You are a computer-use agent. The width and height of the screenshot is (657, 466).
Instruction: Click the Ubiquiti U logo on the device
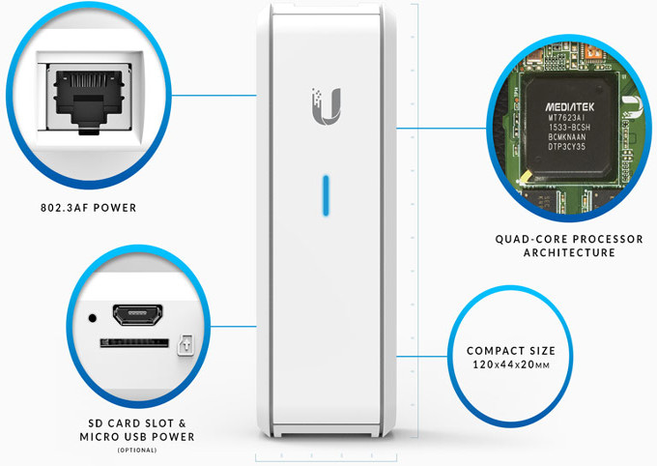pos(328,105)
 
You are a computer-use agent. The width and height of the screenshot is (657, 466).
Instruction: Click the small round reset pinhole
pos(92,316)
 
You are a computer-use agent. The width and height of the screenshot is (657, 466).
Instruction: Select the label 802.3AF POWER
pos(87,206)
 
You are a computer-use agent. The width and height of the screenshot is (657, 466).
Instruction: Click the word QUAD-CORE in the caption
pos(527,239)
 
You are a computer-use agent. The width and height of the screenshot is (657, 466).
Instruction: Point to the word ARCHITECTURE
pos(568,253)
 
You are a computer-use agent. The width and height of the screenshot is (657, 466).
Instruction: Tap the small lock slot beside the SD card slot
pos(186,343)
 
